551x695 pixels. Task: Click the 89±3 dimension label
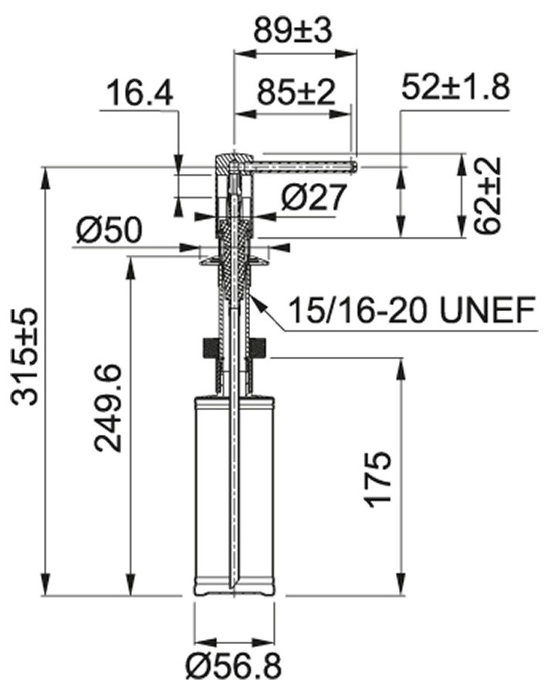pyautogui.click(x=292, y=31)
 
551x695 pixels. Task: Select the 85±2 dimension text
pyautogui.click(x=296, y=92)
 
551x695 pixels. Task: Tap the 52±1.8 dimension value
pyautogui.click(x=456, y=86)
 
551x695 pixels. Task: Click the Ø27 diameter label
pyautogui.click(x=313, y=197)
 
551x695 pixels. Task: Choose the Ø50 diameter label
pyautogui.click(x=110, y=230)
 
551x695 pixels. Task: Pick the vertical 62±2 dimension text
pyautogui.click(x=488, y=195)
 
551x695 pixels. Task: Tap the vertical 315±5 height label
pyautogui.click(x=25, y=358)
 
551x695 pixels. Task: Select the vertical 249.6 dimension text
pyautogui.click(x=107, y=409)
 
